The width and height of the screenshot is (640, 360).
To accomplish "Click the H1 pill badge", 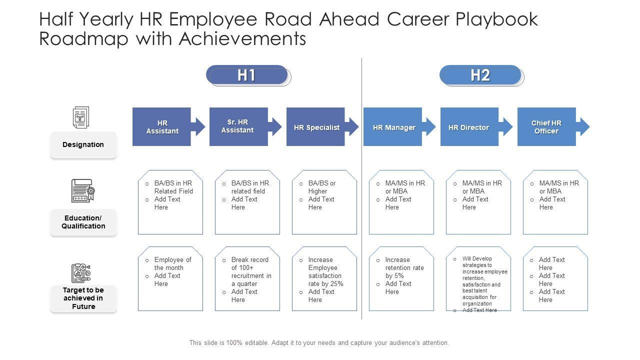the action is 247,75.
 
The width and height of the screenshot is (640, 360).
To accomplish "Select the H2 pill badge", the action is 480,75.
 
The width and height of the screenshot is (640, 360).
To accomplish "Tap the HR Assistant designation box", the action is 162,127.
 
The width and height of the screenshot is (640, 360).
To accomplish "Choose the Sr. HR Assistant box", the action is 238,126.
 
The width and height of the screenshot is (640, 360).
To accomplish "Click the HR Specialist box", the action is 316,127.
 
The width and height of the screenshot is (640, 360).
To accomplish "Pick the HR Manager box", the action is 393,127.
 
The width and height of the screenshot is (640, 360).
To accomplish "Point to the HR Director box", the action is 469,127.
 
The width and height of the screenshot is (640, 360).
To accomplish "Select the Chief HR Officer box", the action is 546,127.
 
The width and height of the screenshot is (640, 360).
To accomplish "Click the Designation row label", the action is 83,144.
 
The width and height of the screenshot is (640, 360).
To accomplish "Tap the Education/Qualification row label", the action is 83,222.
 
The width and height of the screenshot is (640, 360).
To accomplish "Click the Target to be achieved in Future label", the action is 83,298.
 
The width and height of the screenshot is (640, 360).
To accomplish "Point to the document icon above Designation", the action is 80,117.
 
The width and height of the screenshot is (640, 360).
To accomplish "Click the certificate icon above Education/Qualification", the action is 83,190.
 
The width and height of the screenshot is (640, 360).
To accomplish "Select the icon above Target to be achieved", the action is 81,273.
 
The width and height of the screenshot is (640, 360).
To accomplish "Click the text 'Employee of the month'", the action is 172,263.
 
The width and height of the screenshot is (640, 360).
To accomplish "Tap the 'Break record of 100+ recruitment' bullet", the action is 251,271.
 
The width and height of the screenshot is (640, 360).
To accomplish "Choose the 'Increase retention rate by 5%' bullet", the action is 404,267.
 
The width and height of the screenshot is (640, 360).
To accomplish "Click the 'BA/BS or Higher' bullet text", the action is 322,187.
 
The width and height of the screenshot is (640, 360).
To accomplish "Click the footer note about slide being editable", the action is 319,343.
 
